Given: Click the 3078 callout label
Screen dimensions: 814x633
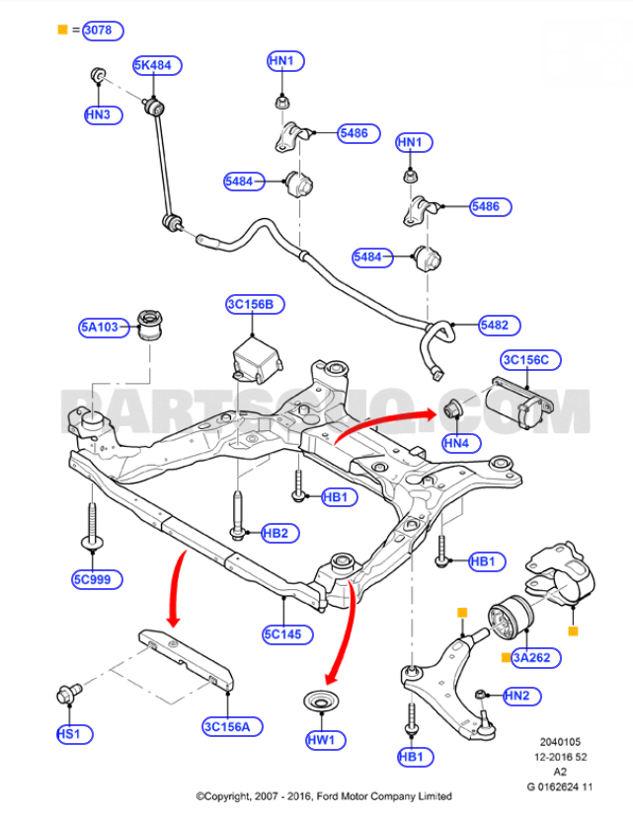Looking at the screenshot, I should (x=104, y=31).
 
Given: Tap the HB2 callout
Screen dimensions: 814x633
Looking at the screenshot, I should (x=276, y=534).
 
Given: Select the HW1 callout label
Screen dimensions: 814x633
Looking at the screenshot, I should (x=322, y=738).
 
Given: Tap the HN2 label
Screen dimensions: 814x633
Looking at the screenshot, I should (x=516, y=696).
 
